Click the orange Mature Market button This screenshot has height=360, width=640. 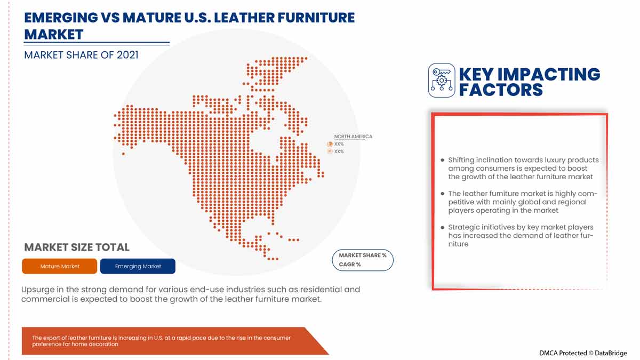click(x=59, y=266)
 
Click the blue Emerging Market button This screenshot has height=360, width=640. click(x=138, y=266)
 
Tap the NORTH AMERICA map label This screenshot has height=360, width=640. click(x=353, y=137)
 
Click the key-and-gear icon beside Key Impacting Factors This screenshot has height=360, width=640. click(x=441, y=81)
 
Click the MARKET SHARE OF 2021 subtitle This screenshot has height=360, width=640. click(x=81, y=54)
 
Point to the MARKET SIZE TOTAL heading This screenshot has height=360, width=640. click(x=77, y=247)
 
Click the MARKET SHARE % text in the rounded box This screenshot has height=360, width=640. click(x=363, y=255)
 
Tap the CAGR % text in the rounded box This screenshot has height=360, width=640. click(x=350, y=265)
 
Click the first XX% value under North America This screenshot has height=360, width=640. click(x=339, y=144)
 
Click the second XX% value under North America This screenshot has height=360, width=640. click(x=339, y=151)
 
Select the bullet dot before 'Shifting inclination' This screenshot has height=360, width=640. click(x=442, y=160)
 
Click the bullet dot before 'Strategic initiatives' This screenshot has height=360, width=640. click(x=442, y=227)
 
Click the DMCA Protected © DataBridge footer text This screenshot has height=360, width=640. click(x=582, y=353)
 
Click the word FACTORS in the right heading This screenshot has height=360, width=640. click(x=500, y=90)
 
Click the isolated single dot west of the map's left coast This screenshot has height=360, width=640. click(x=123, y=154)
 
